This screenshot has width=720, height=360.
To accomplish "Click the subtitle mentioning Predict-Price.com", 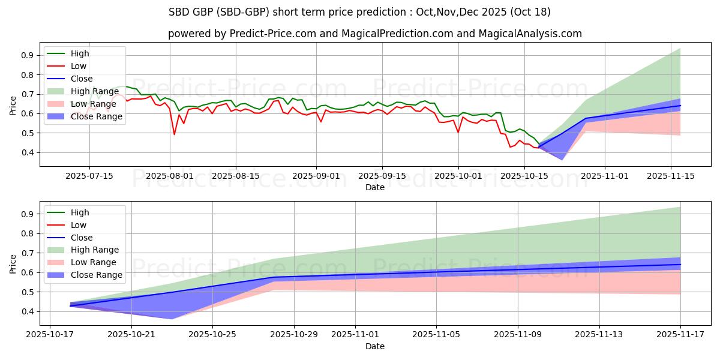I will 374,34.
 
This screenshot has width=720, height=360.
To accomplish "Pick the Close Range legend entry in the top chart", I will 96,116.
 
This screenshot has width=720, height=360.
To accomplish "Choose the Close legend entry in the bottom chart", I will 82,238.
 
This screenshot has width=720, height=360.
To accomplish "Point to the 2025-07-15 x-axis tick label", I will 89,176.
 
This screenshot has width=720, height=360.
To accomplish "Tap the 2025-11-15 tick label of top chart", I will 671,176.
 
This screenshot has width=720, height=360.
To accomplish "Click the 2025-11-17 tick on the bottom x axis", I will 680,335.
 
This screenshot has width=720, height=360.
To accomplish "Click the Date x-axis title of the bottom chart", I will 374,346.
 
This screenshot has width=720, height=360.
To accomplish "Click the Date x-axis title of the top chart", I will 374,187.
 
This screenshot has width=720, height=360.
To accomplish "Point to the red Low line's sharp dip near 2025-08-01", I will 174,134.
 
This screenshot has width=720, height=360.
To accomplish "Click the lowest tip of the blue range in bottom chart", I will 172,319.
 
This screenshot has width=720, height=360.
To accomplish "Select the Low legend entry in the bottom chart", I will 78,225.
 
